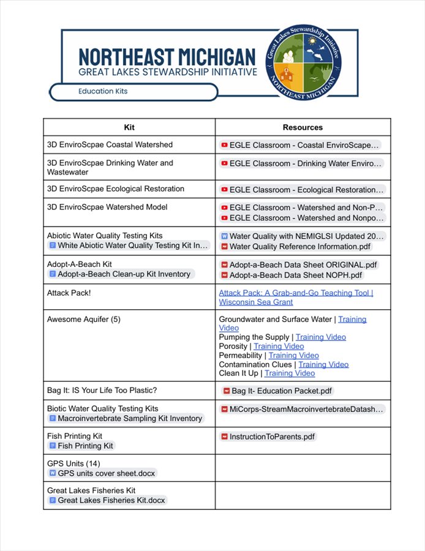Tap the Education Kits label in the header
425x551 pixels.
(102, 91)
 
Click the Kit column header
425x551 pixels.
(129, 127)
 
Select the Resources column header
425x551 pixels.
(303, 127)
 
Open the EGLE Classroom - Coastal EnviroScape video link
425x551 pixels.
(301, 145)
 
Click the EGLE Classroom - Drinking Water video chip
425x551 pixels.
(301, 163)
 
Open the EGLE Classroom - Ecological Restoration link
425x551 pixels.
(302, 190)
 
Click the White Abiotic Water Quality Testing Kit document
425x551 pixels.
(129, 246)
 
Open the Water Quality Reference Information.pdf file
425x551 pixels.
(299, 247)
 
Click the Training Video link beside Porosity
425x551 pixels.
(279, 347)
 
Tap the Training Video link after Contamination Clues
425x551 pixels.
(323, 364)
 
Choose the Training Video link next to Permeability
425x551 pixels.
(293, 355)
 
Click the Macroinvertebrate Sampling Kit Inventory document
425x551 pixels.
(126, 419)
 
